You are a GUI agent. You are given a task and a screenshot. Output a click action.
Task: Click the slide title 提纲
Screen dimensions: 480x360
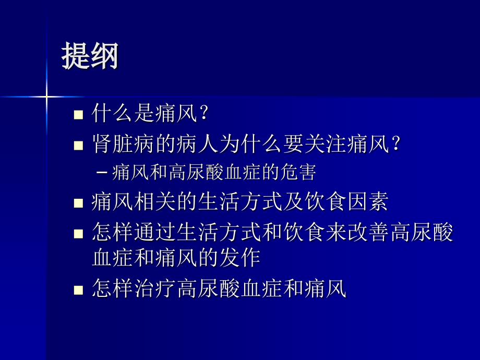click(90, 56)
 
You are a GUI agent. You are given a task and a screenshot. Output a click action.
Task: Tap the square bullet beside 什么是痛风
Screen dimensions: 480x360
click(79, 115)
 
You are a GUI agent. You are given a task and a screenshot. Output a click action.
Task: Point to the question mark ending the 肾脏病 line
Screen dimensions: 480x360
click(395, 143)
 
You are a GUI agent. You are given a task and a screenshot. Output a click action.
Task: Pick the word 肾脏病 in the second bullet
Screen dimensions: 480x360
click(124, 143)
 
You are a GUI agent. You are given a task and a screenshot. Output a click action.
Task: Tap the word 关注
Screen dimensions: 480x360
click(326, 143)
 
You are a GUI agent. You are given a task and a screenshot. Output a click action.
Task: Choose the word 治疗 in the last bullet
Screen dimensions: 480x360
click(155, 288)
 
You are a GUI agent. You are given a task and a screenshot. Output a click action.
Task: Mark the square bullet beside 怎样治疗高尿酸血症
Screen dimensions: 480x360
click(79, 290)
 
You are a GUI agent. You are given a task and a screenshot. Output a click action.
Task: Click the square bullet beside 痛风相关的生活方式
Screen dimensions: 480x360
click(79, 203)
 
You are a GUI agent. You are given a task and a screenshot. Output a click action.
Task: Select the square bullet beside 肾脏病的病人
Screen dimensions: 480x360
click(79, 145)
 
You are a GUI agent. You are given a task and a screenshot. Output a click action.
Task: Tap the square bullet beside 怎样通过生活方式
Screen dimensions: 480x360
click(79, 233)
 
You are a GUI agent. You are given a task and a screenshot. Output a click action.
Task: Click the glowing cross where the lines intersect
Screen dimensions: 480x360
click(46, 97)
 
